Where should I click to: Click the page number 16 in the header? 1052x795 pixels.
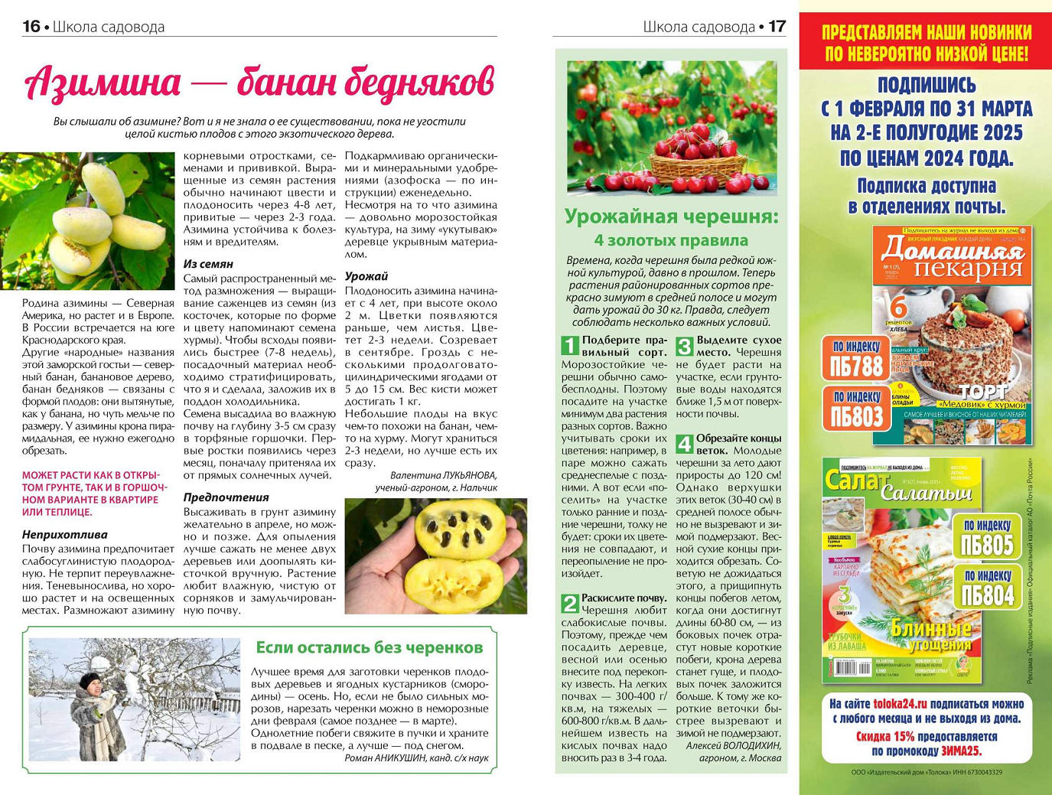click(31, 26)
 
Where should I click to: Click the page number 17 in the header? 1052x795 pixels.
click(777, 26)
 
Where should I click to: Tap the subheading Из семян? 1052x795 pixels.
click(208, 264)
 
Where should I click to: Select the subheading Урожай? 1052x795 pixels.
click(366, 276)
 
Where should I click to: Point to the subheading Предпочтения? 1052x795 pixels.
click(226, 497)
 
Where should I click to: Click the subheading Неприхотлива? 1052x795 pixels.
click(65, 535)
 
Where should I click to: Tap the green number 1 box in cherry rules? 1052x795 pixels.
click(570, 345)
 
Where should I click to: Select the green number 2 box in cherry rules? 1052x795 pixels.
click(570, 603)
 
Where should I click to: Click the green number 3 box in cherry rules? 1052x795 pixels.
click(685, 345)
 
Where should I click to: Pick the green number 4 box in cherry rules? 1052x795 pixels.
click(685, 443)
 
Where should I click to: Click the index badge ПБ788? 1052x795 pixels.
click(857, 359)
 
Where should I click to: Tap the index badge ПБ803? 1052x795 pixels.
click(857, 409)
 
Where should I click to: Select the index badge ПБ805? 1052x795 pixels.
click(987, 537)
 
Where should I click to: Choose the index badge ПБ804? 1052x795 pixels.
click(987, 588)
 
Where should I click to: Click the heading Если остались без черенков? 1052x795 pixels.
click(369, 647)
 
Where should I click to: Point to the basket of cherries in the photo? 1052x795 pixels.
click(699, 156)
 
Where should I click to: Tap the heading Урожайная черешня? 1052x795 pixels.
click(671, 217)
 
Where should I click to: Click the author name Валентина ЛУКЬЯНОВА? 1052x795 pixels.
click(443, 475)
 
